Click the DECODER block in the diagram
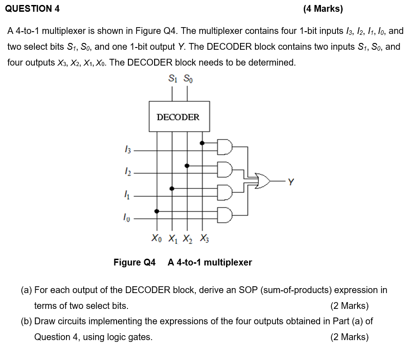(178, 117)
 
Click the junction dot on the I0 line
(157, 211)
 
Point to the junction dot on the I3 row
(202, 143)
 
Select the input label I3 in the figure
(128, 149)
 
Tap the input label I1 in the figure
(128, 195)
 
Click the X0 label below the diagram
(156, 238)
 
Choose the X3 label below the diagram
(204, 238)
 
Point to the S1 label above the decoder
(172, 79)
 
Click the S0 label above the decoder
(188, 79)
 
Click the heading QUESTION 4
(33, 8)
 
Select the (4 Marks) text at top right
(323, 8)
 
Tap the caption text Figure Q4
(134, 262)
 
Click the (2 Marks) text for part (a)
(349, 306)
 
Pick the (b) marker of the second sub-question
(26, 322)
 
